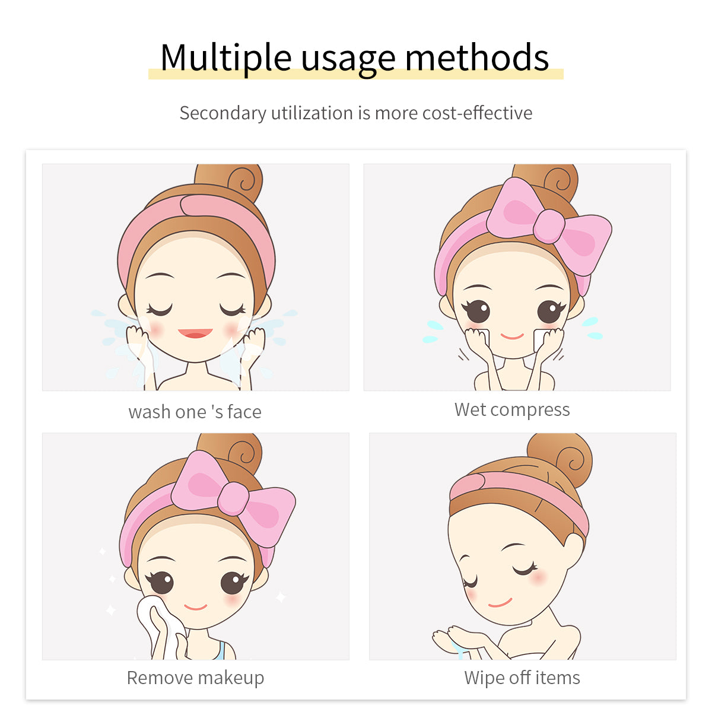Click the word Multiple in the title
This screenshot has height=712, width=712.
225,58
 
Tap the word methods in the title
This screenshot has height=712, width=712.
477,58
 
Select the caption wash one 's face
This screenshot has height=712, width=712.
195,412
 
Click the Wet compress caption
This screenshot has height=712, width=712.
512,409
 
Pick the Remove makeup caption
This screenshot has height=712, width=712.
195,678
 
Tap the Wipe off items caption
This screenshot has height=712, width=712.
522,678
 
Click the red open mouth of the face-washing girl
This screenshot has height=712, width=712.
195,333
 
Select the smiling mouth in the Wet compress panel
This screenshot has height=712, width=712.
511,336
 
